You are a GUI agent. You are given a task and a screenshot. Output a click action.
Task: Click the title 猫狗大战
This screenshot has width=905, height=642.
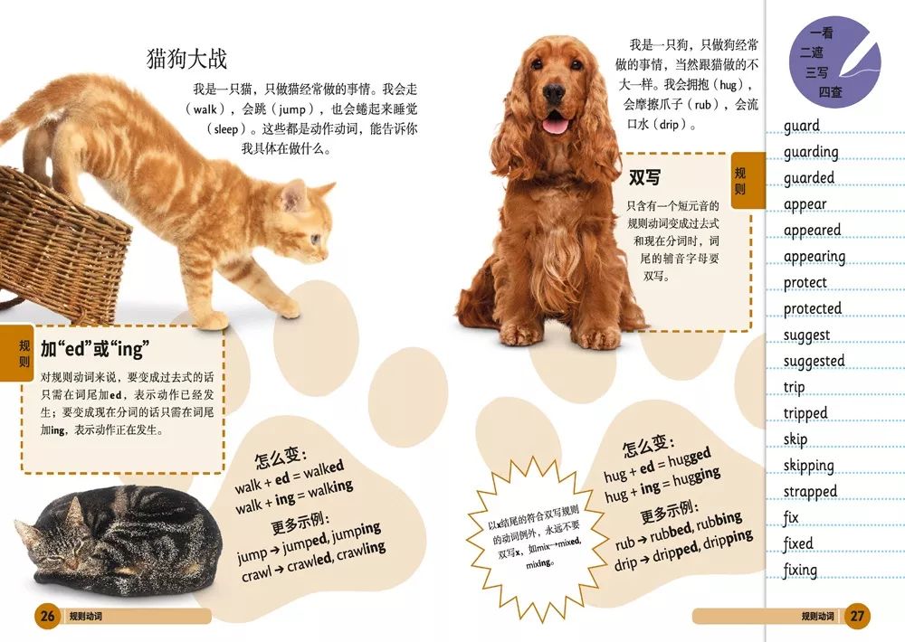click(x=187, y=59)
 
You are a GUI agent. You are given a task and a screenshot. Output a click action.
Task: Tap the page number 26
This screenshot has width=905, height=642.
click(x=47, y=617)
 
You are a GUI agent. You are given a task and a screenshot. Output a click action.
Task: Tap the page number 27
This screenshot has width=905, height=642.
click(x=856, y=617)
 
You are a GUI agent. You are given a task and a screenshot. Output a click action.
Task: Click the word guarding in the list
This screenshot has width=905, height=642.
click(x=811, y=153)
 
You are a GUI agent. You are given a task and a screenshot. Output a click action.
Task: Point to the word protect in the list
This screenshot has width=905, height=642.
click(x=805, y=283)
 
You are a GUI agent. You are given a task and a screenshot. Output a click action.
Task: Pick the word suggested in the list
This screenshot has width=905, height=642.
click(x=814, y=362)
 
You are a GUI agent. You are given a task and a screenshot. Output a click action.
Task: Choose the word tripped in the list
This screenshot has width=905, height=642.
click(x=805, y=414)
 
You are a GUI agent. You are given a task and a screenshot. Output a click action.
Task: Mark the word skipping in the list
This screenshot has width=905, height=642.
click(x=808, y=467)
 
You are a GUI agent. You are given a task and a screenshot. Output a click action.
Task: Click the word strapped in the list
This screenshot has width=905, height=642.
click(x=810, y=493)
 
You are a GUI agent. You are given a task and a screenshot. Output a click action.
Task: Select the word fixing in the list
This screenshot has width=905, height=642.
click(x=800, y=571)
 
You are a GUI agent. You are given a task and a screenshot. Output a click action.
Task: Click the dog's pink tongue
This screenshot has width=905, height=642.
click(x=555, y=125)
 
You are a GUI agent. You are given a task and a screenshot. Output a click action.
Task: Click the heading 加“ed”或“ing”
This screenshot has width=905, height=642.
click(x=94, y=349)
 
